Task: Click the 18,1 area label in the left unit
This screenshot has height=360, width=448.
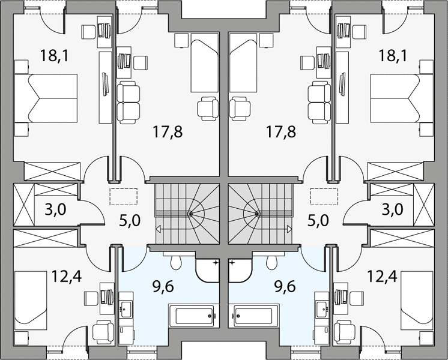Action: click(54, 55)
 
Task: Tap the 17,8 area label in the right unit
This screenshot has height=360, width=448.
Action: click(281, 131)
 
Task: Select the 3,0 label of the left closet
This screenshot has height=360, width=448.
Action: click(55, 210)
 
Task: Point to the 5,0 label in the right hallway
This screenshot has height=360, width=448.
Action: click(318, 221)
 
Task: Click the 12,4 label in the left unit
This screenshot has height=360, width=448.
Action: click(66, 277)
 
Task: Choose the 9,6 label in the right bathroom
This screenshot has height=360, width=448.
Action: click(285, 286)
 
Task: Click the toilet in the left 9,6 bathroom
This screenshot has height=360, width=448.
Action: click(175, 260)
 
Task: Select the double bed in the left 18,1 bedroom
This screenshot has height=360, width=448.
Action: click(46, 98)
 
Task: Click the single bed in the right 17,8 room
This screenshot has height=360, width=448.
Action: click(243, 62)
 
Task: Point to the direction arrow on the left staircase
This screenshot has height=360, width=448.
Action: click(158, 229)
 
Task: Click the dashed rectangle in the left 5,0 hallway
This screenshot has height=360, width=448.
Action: click(124, 196)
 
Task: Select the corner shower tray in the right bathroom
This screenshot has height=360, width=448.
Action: click(240, 271)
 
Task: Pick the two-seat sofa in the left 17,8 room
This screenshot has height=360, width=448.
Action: click(129, 103)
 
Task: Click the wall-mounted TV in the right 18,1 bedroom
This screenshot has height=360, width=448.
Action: click(342, 83)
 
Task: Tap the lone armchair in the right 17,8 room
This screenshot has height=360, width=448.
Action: click(240, 109)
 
